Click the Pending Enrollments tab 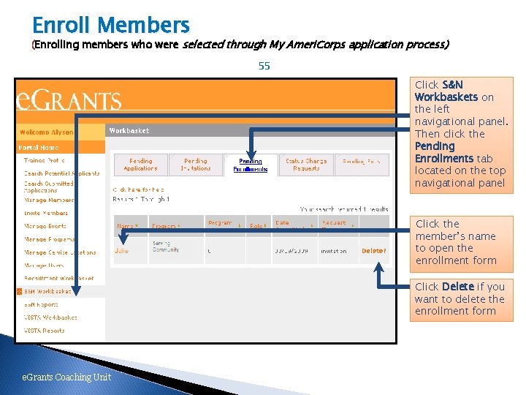click(x=251, y=165)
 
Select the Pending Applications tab click(x=140, y=165)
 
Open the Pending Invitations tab click(x=196, y=165)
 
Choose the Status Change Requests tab click(x=306, y=165)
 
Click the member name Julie click(x=122, y=251)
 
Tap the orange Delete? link click(x=373, y=251)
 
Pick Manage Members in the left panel click(x=49, y=200)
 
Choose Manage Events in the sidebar click(x=45, y=226)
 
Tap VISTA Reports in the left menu click(x=44, y=331)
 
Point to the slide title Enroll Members click(x=111, y=26)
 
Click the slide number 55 click(x=264, y=66)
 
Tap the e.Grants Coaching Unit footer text click(x=66, y=377)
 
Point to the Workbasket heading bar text click(x=129, y=131)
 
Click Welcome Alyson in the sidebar click(x=47, y=132)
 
